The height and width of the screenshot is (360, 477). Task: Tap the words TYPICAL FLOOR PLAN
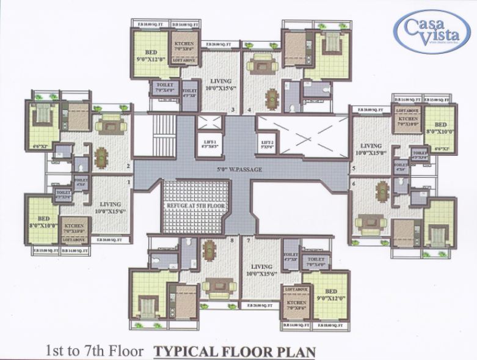(x=235, y=351)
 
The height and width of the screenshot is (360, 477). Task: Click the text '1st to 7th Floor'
(x=95, y=351)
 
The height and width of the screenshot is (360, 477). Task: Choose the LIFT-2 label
(x=267, y=145)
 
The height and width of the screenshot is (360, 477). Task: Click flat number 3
(x=233, y=110)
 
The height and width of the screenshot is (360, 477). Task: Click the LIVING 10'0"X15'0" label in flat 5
(x=371, y=149)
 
